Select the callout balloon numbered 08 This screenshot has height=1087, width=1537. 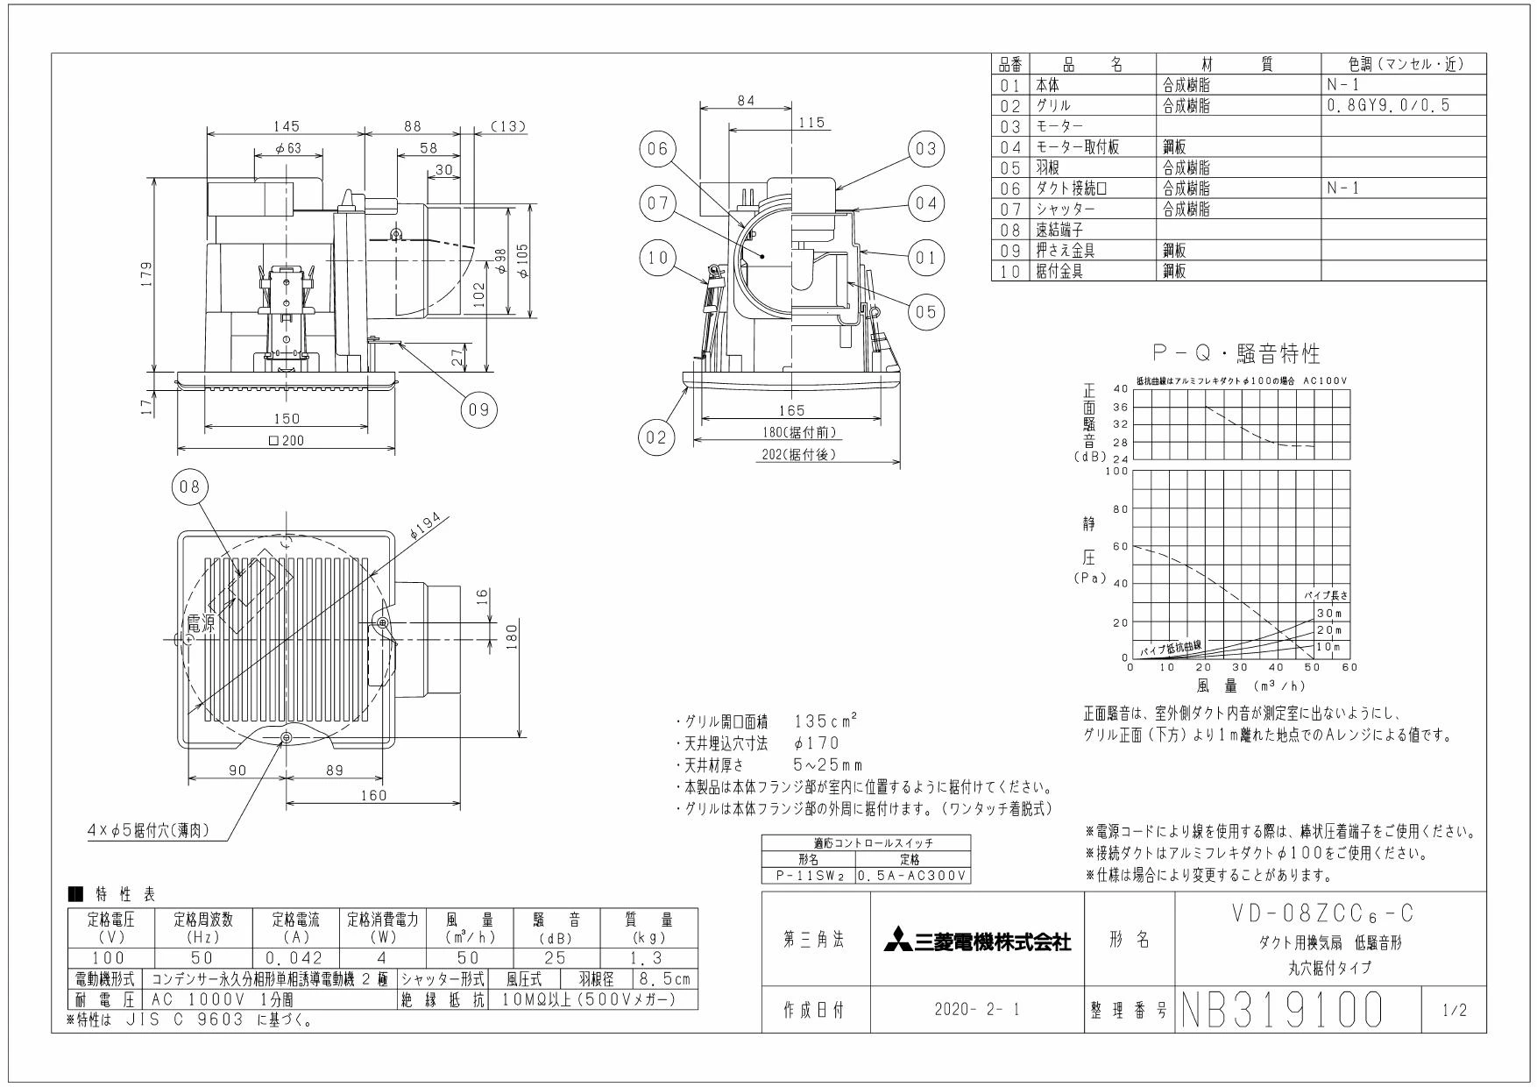coord(190,488)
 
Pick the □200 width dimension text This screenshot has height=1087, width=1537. coord(287,441)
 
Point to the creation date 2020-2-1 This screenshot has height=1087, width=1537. coord(978,1011)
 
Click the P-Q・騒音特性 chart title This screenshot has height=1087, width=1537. coord(1236,353)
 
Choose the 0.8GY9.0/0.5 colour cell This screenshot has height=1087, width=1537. coord(1388,105)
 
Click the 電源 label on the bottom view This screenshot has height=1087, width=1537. coord(200,624)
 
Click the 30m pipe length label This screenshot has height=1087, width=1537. coord(1329,614)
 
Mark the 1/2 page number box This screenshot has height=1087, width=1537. coord(1454,1011)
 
